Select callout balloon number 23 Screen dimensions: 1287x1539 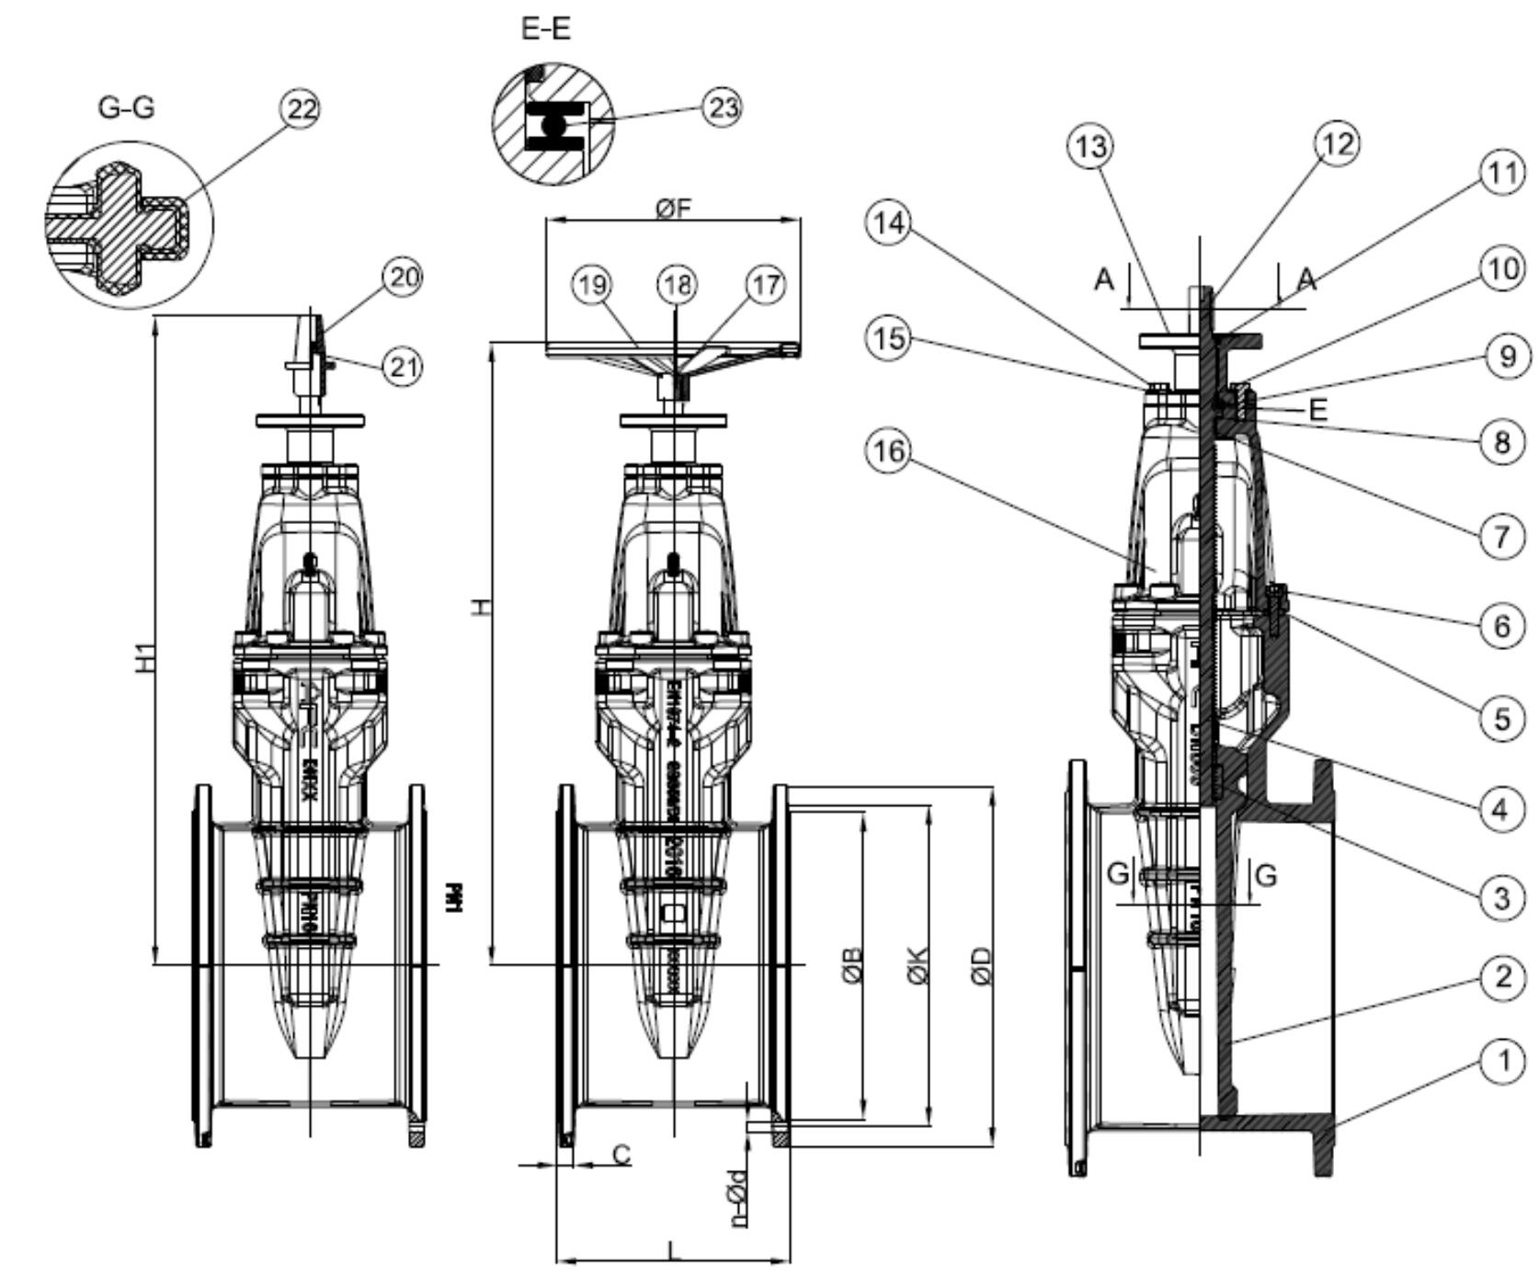click(x=722, y=108)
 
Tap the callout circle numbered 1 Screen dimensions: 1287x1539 click(x=1502, y=1062)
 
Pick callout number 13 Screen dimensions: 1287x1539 click(x=1090, y=146)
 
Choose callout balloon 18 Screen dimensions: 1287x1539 click(x=678, y=285)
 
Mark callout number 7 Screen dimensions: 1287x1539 click(x=1501, y=535)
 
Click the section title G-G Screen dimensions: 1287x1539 click(x=126, y=108)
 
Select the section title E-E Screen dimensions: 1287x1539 click(x=545, y=28)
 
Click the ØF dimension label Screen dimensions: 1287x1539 click(x=673, y=209)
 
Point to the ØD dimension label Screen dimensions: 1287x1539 click(x=981, y=966)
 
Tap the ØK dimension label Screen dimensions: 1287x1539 click(x=918, y=966)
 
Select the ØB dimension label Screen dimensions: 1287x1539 click(x=852, y=966)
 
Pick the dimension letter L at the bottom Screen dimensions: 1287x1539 click(x=673, y=1250)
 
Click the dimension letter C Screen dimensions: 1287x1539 click(x=622, y=1154)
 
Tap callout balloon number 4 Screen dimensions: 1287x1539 click(x=1501, y=809)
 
